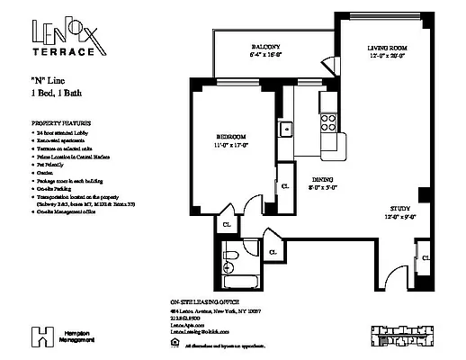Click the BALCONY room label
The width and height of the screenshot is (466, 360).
click(264, 47)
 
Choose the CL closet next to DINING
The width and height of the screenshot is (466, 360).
click(285, 185)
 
